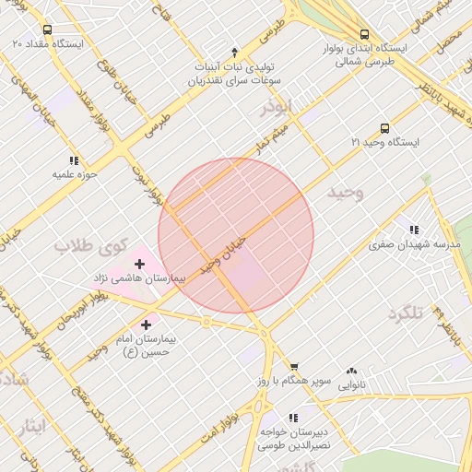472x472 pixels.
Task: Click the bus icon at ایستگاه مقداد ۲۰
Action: (x=47, y=29)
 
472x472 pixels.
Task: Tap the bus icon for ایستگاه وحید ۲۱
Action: (x=384, y=129)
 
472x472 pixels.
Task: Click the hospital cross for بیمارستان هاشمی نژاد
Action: (x=140, y=264)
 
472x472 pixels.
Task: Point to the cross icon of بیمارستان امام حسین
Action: (x=147, y=324)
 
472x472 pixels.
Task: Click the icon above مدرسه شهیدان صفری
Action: (x=414, y=230)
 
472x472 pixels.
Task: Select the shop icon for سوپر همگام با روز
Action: (x=294, y=367)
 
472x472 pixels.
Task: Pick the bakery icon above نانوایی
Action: (x=350, y=371)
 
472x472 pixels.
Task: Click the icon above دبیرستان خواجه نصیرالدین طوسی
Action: (x=294, y=418)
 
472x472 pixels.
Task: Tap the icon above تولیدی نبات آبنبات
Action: (x=234, y=52)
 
